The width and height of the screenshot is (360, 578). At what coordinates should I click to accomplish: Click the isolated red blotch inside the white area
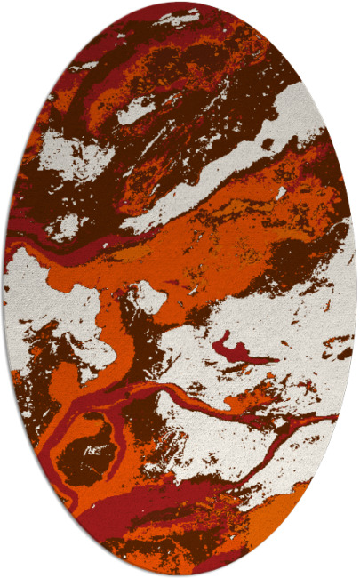point(233,347)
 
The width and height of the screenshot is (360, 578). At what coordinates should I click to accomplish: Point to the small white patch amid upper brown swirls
point(135,110)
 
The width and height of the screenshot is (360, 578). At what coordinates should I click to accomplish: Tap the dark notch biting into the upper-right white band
point(268,142)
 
